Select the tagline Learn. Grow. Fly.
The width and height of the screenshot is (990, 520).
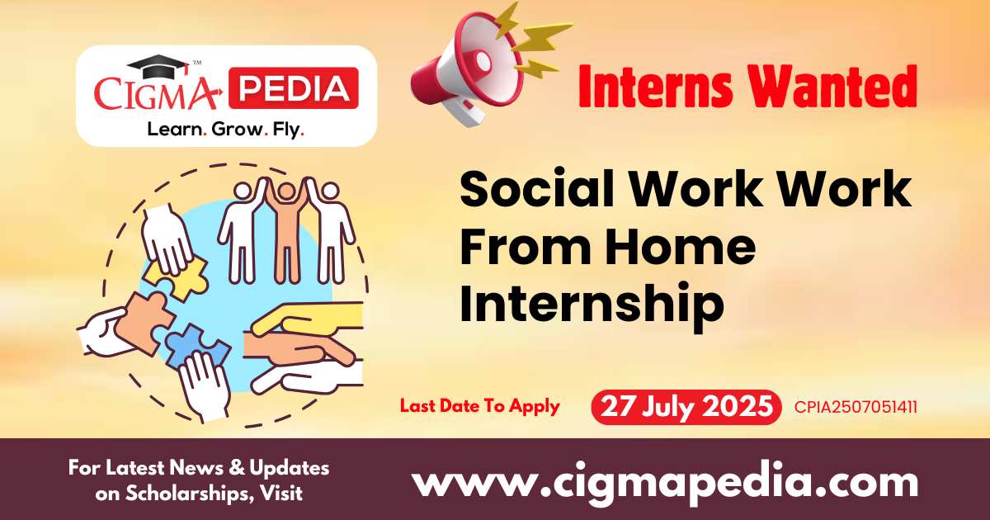tap(224, 129)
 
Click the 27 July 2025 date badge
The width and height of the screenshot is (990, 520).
tap(686, 407)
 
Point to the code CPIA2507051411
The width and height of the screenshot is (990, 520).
tap(856, 407)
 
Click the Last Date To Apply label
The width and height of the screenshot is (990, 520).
tap(479, 406)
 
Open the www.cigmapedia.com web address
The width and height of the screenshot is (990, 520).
tap(665, 482)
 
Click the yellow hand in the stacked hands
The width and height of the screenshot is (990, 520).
tap(305, 318)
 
